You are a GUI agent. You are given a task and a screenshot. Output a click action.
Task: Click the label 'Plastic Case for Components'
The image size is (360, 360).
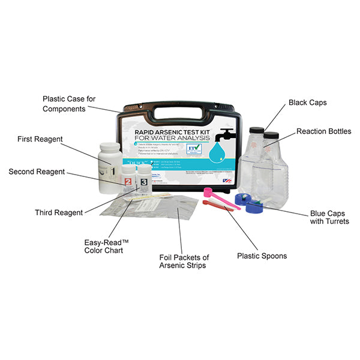point(70,104)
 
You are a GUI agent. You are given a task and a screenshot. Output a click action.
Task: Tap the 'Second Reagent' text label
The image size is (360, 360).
point(37,172)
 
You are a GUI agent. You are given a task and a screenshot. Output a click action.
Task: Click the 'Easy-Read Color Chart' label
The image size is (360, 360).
point(106,245)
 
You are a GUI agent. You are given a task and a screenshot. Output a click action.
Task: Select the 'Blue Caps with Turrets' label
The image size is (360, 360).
point(329,217)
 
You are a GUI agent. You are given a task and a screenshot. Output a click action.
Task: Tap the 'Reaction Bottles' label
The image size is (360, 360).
point(323,131)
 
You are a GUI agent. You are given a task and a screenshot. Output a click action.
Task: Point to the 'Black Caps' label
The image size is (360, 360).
point(308,103)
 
